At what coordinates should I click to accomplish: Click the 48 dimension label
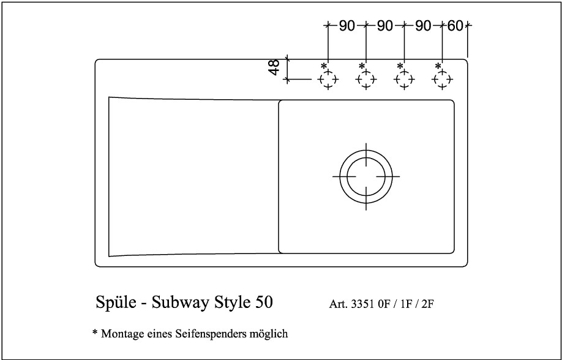(274, 67)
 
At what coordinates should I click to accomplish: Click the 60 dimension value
(455, 26)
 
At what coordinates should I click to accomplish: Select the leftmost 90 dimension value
(347, 26)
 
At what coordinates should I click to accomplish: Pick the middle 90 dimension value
(384, 26)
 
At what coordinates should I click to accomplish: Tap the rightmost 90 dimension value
(423, 26)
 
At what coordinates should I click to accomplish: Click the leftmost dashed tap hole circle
(328, 80)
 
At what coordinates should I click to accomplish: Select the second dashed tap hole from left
(366, 80)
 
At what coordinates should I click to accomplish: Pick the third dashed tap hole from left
(404, 80)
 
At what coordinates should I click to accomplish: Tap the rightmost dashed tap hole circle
(442, 80)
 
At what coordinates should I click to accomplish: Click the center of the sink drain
(366, 176)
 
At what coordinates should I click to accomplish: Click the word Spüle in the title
(116, 303)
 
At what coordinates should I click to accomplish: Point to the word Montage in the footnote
(121, 335)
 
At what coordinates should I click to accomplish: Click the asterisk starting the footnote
(94, 333)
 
